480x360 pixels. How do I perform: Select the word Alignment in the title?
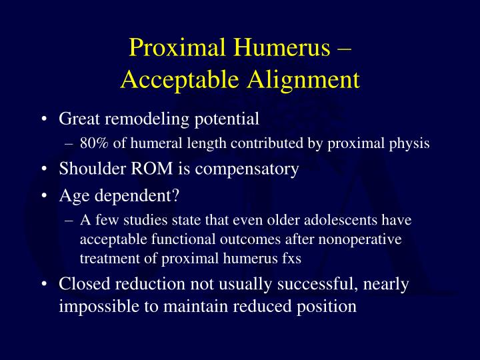coord(307,79)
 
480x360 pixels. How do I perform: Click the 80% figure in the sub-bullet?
coord(91,143)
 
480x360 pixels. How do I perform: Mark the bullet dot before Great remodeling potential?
coord(43,120)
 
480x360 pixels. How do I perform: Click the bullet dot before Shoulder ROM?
coord(43,169)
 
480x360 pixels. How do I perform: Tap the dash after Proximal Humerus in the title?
coord(345,48)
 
